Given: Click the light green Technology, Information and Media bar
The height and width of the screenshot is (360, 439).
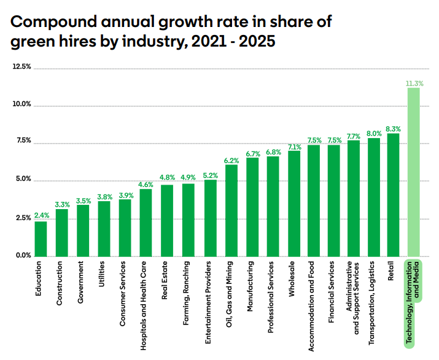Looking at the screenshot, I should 413,172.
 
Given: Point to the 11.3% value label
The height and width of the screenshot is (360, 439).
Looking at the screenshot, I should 414,83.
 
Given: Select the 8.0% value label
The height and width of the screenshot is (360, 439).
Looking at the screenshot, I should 374,133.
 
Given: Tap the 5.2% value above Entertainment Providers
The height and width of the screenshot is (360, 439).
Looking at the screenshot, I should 211,175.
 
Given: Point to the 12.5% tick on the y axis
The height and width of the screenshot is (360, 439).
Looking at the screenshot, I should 21,66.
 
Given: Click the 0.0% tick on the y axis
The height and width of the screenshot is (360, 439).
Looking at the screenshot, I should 23,256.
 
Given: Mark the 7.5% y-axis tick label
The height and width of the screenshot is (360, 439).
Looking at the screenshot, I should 23,141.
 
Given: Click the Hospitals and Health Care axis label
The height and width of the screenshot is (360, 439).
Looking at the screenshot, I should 143,298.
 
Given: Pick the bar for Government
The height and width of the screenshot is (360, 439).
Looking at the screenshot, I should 82,231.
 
